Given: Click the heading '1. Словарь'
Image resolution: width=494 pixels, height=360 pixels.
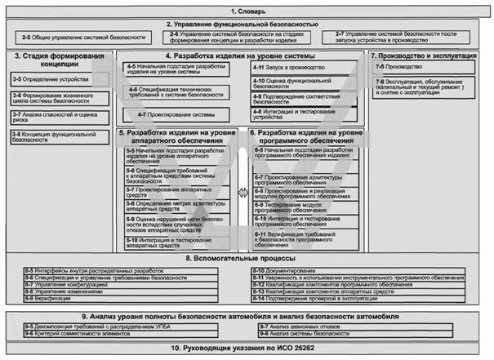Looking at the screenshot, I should coord(246,11).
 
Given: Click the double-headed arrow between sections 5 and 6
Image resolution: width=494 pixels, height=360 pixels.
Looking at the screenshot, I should coord(243,193).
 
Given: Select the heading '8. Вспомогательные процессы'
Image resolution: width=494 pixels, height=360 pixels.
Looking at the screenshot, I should coord(246,259).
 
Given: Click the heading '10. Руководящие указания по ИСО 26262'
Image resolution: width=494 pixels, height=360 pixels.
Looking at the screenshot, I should coord(246,349).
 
